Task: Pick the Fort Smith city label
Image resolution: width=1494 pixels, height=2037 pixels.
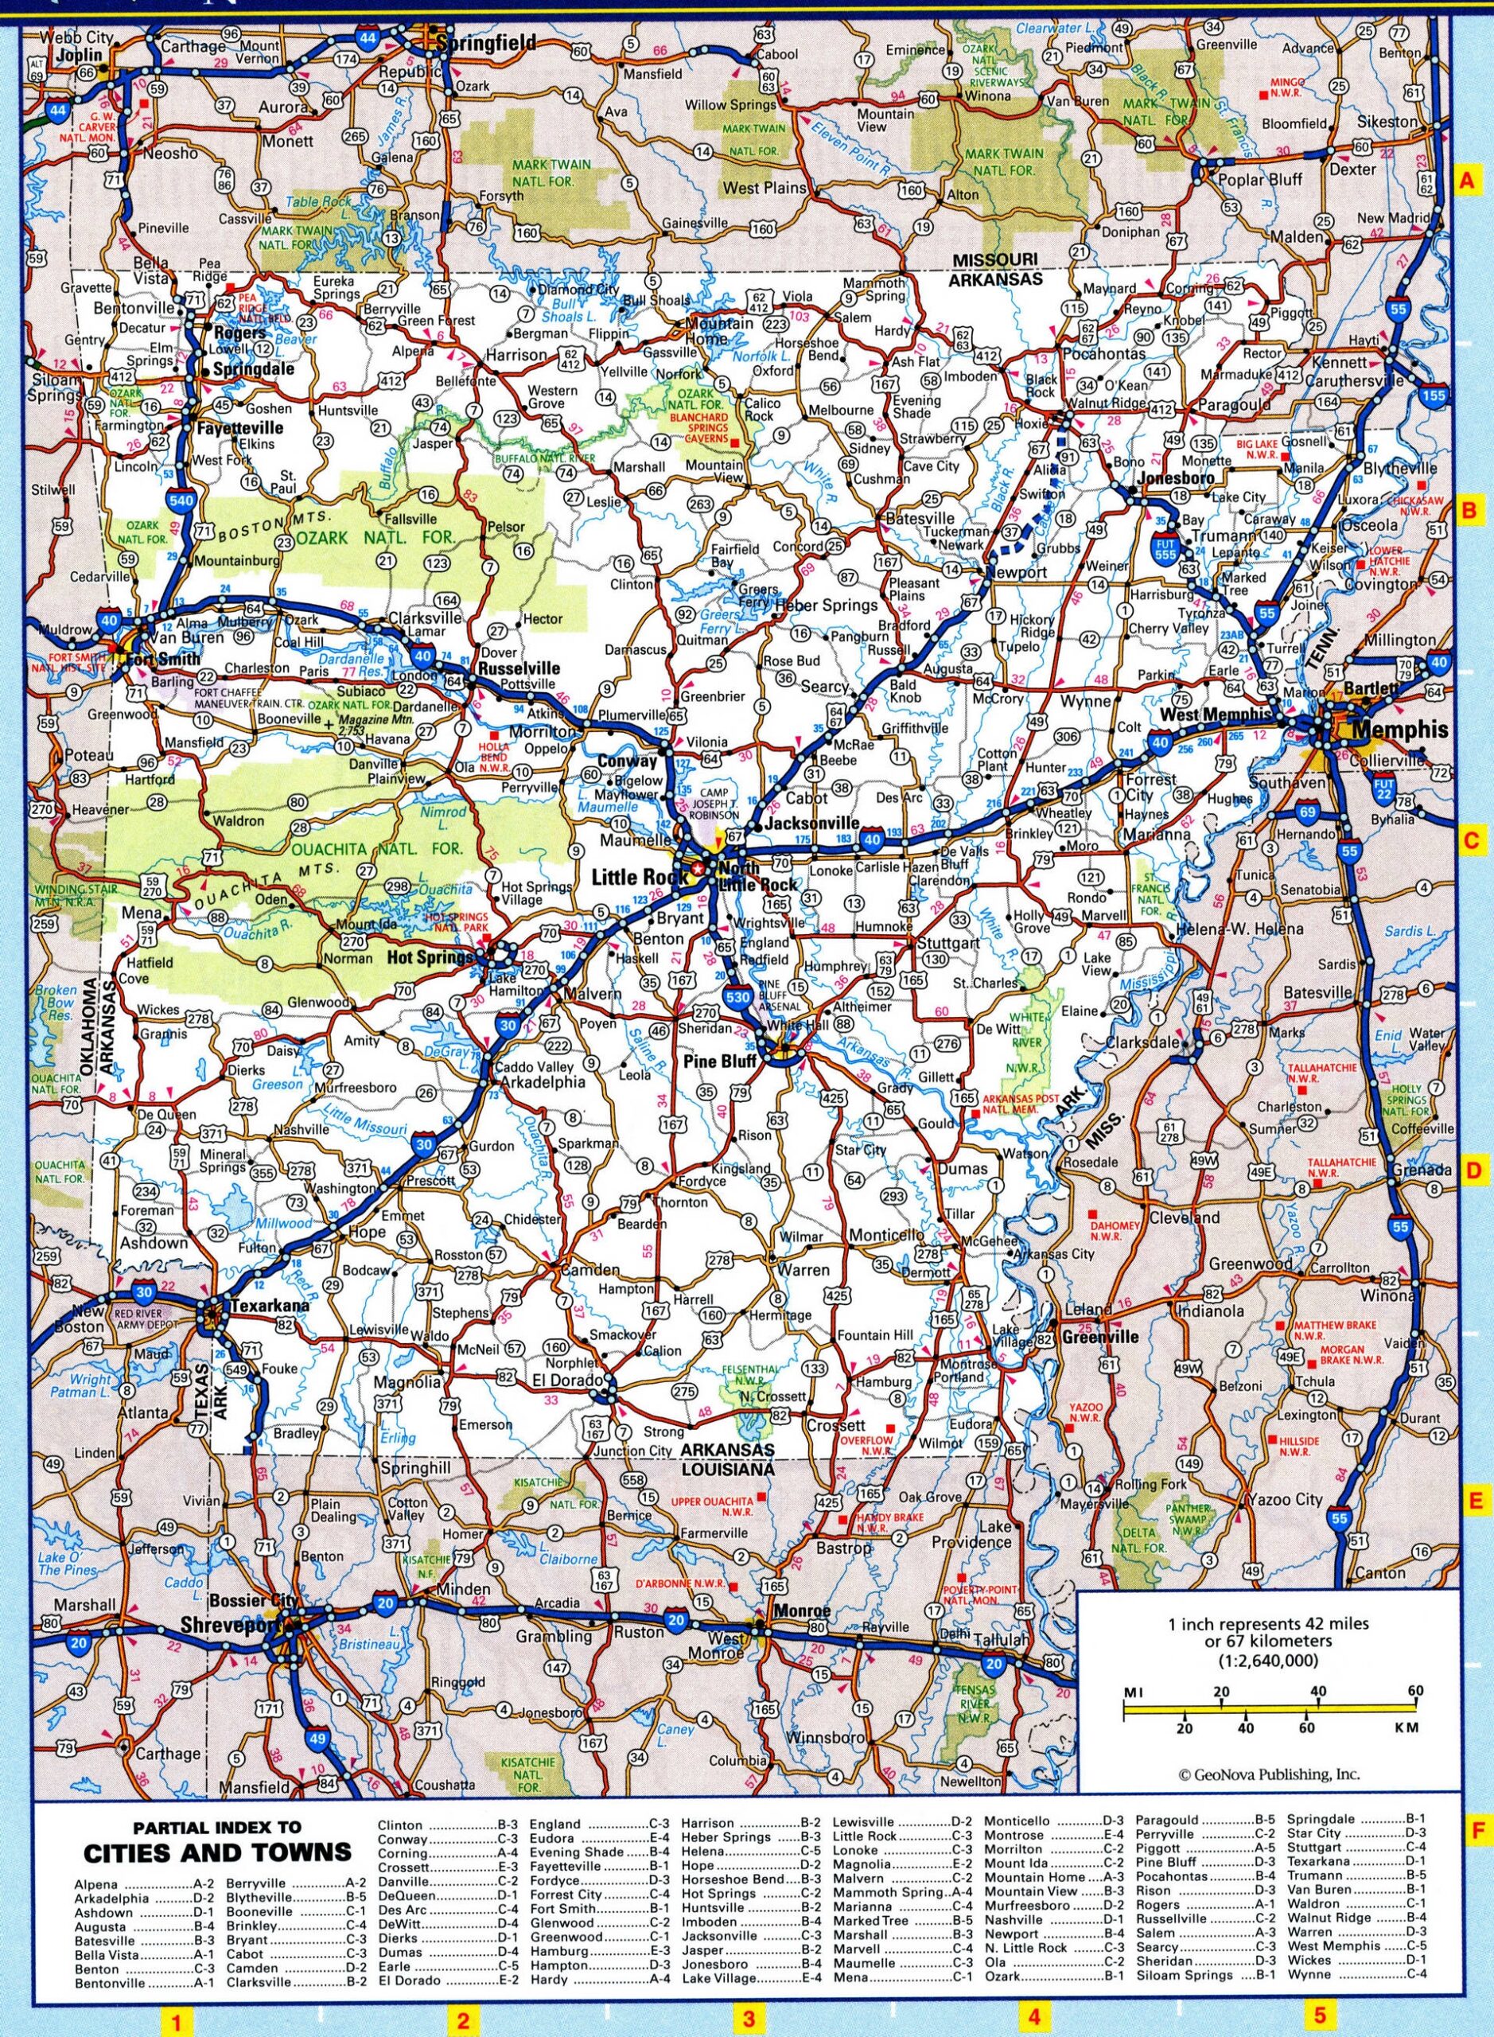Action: pos(164,660)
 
